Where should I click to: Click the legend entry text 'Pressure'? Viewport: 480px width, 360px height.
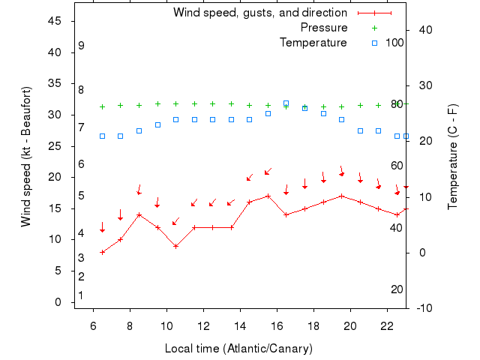point(323,28)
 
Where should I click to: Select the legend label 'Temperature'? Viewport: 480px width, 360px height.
point(313,43)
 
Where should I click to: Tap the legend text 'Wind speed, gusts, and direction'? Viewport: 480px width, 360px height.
point(259,13)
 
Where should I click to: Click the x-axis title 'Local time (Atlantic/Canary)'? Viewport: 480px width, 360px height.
point(238,349)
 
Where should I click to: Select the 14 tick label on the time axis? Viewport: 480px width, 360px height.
point(240,326)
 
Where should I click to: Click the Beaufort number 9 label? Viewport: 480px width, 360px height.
point(81,46)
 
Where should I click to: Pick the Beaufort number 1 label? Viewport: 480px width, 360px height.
point(81,295)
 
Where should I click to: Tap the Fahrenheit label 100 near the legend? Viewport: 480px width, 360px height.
point(394,43)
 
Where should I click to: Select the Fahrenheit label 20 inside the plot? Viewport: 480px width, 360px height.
point(397,289)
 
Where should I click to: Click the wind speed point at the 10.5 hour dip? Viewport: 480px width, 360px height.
point(175,246)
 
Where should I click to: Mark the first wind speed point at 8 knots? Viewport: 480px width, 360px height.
point(102,252)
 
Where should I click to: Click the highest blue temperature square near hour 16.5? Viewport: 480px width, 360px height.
point(286,103)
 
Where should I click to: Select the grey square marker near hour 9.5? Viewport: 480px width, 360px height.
point(157,124)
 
